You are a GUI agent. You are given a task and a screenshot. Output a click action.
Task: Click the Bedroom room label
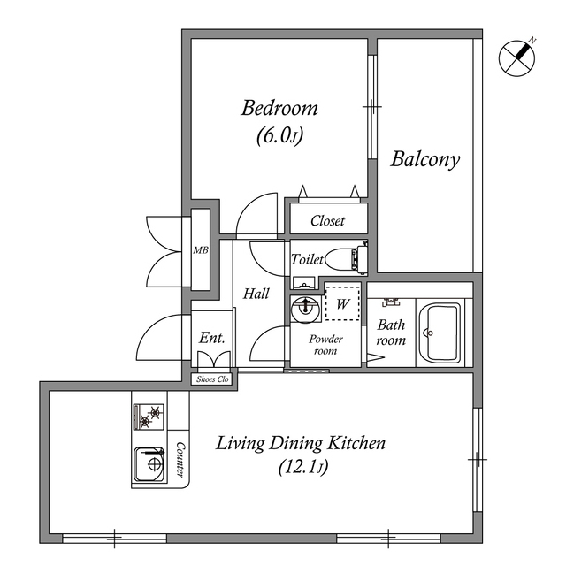pos(279,109)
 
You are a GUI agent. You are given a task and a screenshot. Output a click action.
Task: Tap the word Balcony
pos(425,160)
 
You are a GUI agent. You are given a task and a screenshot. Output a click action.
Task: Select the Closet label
pos(327,221)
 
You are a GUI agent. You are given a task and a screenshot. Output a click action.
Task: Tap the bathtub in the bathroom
pos(440,333)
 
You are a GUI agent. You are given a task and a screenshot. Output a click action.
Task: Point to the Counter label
pos(180,460)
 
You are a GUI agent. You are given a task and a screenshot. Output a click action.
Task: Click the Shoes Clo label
pos(212,379)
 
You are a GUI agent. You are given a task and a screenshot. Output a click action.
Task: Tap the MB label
pos(201,250)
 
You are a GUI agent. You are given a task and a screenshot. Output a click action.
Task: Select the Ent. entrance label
pos(211,338)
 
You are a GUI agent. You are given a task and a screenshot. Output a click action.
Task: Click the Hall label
pos(256,294)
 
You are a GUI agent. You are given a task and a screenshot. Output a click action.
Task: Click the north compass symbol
pos(517,57)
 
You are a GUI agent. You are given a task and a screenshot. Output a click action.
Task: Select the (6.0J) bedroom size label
pos(279,136)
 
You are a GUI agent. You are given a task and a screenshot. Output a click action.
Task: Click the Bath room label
pos(391,333)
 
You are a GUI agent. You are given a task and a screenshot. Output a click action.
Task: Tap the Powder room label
pos(325,344)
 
